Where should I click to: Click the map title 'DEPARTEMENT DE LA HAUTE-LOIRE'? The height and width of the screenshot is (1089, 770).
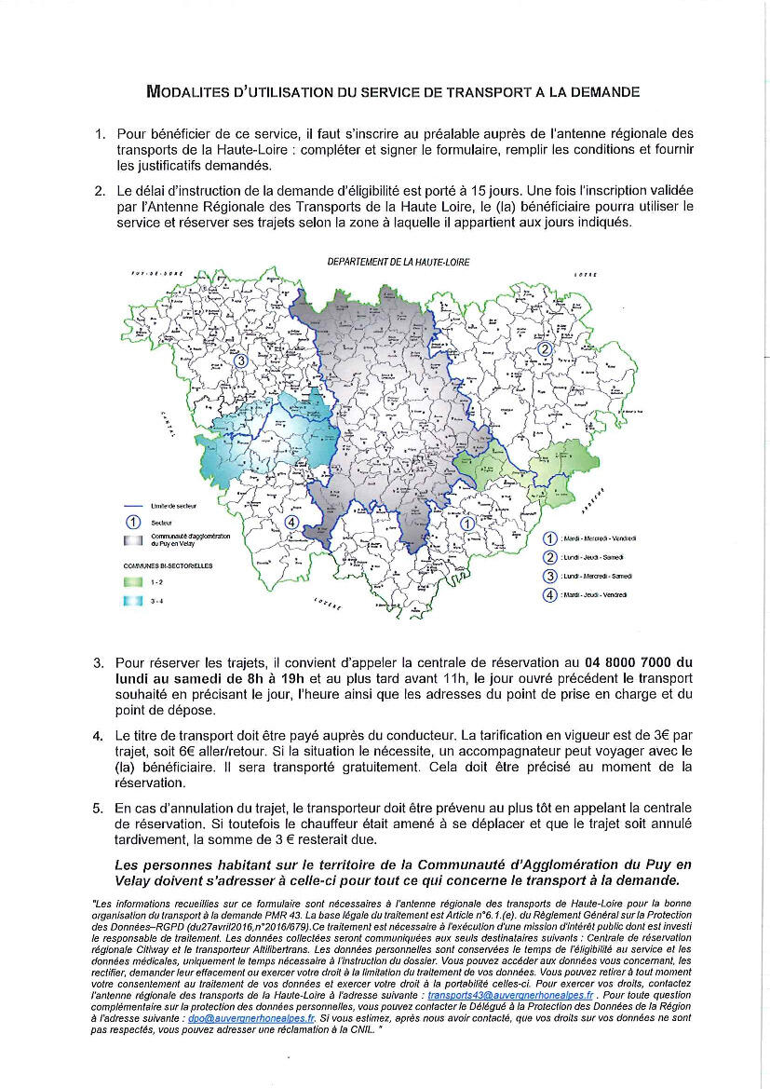coord(399,263)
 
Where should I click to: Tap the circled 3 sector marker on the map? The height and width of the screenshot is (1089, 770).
coord(240,361)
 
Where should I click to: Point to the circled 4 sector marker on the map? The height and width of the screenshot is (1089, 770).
coord(292,523)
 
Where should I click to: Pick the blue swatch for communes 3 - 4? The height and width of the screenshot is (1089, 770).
coord(132,601)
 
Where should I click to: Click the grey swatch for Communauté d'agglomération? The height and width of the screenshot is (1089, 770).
coord(132,540)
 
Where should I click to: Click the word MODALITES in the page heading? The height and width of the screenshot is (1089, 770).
coord(189,92)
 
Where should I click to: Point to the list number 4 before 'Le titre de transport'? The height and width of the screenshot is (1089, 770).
coord(98,737)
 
